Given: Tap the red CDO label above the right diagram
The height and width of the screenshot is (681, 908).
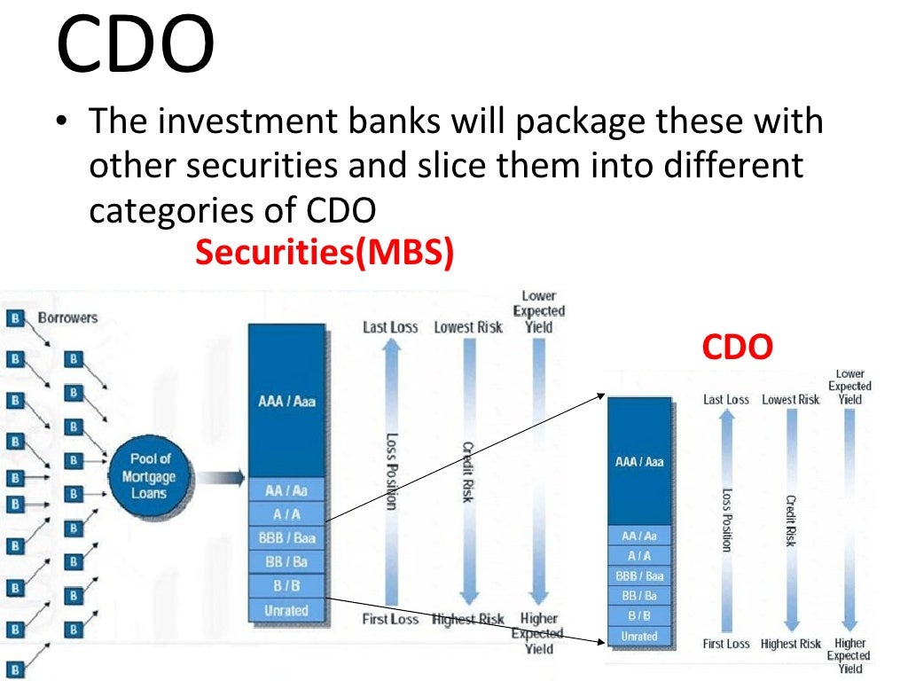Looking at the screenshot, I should click(x=737, y=348).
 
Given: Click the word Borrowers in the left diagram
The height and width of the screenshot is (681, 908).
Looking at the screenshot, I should click(x=67, y=317).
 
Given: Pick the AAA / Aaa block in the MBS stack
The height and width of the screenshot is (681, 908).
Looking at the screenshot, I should click(x=286, y=401).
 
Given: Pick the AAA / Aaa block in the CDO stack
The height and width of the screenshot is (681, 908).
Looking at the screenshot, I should click(x=638, y=461).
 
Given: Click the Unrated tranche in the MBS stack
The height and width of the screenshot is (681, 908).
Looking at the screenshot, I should click(x=286, y=610).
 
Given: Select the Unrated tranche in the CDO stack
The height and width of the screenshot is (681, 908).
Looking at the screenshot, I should click(x=638, y=636).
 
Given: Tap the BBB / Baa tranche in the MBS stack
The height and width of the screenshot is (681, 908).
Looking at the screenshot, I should click(x=286, y=537).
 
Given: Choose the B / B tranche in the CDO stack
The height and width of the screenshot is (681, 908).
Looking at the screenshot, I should click(x=638, y=615).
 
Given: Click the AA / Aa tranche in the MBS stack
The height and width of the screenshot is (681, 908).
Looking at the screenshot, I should click(x=286, y=490).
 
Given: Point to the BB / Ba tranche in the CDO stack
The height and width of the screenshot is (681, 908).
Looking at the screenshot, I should click(x=638, y=596).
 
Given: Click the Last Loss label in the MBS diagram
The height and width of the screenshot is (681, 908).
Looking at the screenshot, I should click(x=390, y=327).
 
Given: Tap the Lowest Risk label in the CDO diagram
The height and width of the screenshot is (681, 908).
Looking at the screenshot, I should click(x=791, y=400).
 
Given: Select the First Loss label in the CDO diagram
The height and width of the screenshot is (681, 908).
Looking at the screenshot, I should click(x=726, y=644).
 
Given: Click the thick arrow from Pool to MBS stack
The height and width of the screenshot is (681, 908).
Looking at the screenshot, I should click(x=220, y=477).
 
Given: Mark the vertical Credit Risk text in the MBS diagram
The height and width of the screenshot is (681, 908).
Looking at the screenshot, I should click(x=467, y=472).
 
